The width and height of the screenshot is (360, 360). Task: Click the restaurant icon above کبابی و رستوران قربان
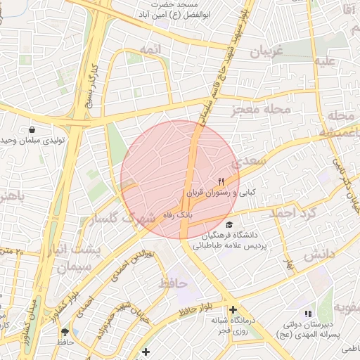tap(221, 181)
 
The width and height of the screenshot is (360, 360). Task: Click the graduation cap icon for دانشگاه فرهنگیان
tap(229, 224)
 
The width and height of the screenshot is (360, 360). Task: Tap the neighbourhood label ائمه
tap(149, 49)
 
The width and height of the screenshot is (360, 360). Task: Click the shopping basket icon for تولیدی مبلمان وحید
tap(32, 129)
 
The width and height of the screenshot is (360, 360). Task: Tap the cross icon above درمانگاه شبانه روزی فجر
tap(233, 309)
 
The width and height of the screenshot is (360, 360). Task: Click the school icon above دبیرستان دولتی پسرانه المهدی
tap(307, 314)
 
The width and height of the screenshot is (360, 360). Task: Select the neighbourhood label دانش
tap(317, 257)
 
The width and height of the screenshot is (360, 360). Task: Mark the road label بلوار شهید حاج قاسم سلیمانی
tap(224, 67)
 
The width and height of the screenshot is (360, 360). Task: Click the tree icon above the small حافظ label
tap(65, 331)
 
